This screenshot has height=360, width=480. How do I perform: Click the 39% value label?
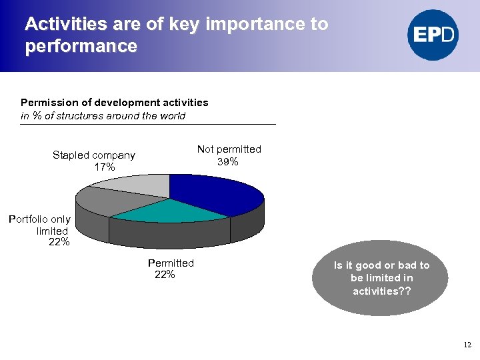pos(228,162)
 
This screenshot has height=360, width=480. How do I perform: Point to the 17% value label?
pos(105,167)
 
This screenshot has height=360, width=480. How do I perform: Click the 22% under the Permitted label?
pos(165,275)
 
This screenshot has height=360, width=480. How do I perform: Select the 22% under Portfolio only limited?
pos(59,242)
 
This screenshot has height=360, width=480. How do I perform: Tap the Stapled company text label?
pos(94,155)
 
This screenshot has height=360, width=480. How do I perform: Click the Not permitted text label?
pos(229,149)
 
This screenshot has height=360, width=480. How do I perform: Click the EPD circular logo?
pos(433,35)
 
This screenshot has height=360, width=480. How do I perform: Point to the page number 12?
pos(467,345)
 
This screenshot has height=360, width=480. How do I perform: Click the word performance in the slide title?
pos(81,47)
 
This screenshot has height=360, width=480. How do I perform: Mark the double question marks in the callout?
pos(405,291)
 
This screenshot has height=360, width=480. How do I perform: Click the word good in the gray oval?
pos(367,265)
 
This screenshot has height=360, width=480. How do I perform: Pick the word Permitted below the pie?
pos(171,263)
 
